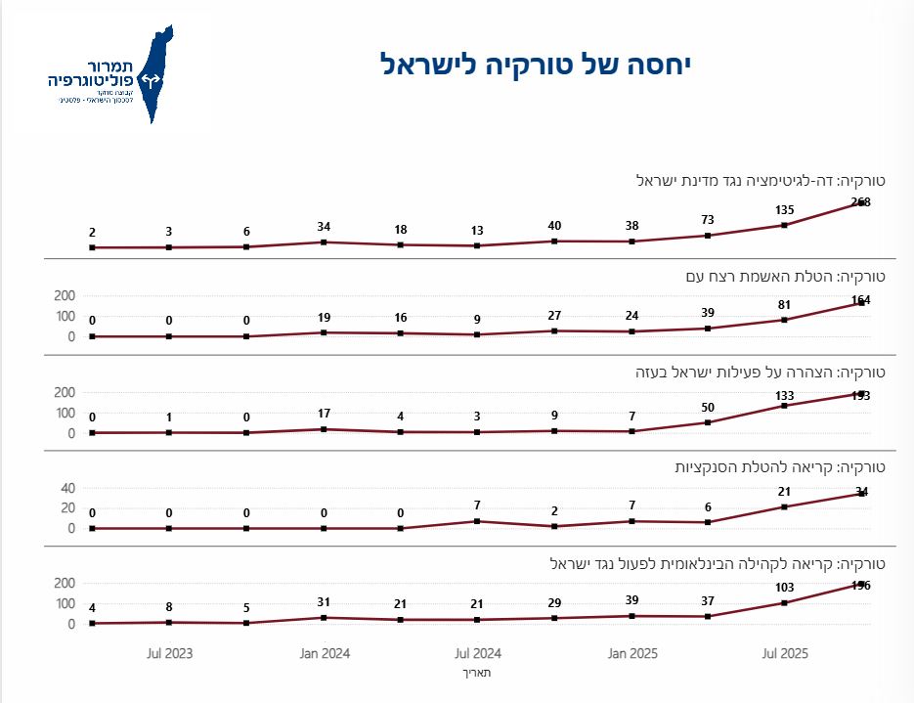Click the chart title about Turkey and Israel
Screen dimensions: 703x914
(x=536, y=66)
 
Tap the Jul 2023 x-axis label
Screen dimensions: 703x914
(x=169, y=652)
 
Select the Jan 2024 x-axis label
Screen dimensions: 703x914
(x=325, y=652)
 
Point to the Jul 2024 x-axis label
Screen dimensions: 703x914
(x=479, y=652)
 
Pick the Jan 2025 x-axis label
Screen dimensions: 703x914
(x=631, y=652)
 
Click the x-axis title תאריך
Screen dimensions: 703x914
(x=478, y=673)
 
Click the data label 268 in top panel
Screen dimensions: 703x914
(x=860, y=202)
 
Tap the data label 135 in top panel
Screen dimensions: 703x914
(x=784, y=209)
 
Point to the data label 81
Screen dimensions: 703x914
(x=784, y=303)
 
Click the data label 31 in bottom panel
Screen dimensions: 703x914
(x=324, y=601)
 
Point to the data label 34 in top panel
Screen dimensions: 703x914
(x=324, y=227)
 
